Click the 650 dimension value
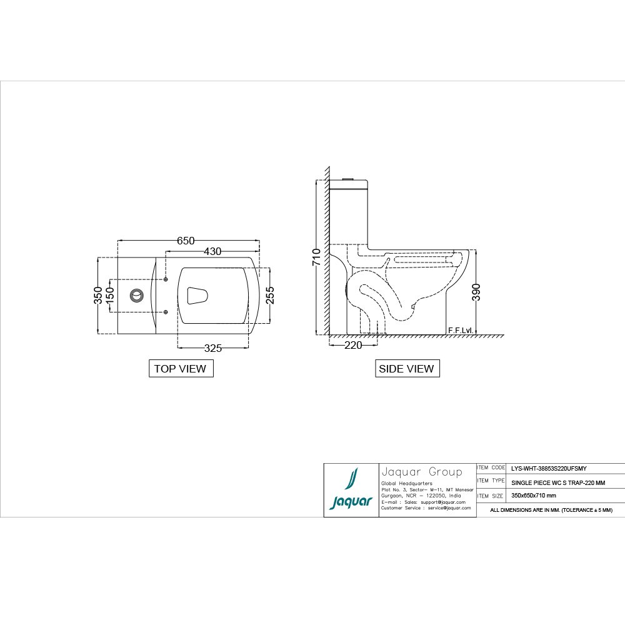point(186,241)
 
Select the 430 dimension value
point(212,251)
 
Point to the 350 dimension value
point(98,296)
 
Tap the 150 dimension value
point(109,296)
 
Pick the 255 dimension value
point(270,296)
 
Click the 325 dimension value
point(213,348)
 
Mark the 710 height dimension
point(316,257)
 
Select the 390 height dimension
point(476,292)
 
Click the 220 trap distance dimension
point(353,345)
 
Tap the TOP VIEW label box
point(181,368)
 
